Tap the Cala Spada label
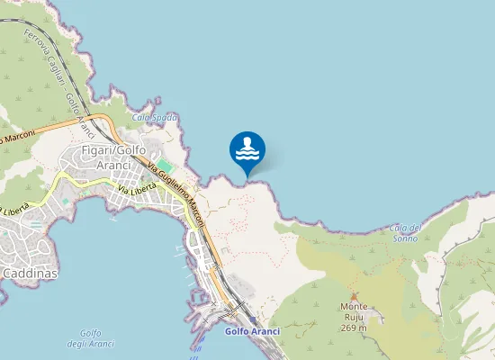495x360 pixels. click(155, 117)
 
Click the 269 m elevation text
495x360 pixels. click(354, 327)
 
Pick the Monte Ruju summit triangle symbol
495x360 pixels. click(354, 296)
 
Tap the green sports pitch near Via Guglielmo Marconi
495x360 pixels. click(165, 166)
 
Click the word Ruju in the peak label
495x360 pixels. click(354, 317)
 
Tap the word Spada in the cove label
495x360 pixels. click(166, 117)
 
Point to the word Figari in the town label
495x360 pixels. click(95, 149)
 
